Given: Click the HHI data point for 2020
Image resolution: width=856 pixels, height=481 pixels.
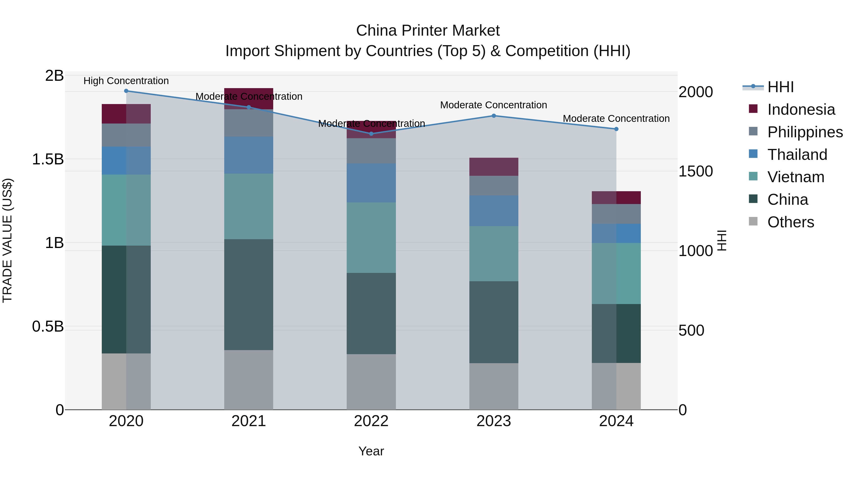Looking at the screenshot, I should pos(126,91).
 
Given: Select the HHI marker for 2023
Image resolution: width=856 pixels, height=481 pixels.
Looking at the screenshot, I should pos(494,116).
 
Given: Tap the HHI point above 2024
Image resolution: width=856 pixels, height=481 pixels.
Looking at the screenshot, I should pos(616,129).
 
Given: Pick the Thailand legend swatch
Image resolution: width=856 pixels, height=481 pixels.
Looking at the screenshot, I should pos(753,154).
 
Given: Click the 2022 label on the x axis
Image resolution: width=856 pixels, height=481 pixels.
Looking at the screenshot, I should pos(371,421).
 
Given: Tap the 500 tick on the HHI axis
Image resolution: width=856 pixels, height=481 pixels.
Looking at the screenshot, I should pos(691,331).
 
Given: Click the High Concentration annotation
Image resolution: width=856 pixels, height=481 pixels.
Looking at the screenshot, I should pos(126,81).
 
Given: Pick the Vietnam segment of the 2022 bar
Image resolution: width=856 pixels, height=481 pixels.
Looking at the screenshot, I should pos(371,238).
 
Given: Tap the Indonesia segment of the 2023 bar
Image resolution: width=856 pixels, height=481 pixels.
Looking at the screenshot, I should pos(494,167).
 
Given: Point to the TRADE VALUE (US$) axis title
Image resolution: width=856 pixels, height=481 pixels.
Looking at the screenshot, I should pos(7,240).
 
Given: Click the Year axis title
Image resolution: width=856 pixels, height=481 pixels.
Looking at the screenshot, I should pos(371,451).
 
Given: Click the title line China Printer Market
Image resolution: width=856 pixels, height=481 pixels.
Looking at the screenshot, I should pos(428,31).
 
